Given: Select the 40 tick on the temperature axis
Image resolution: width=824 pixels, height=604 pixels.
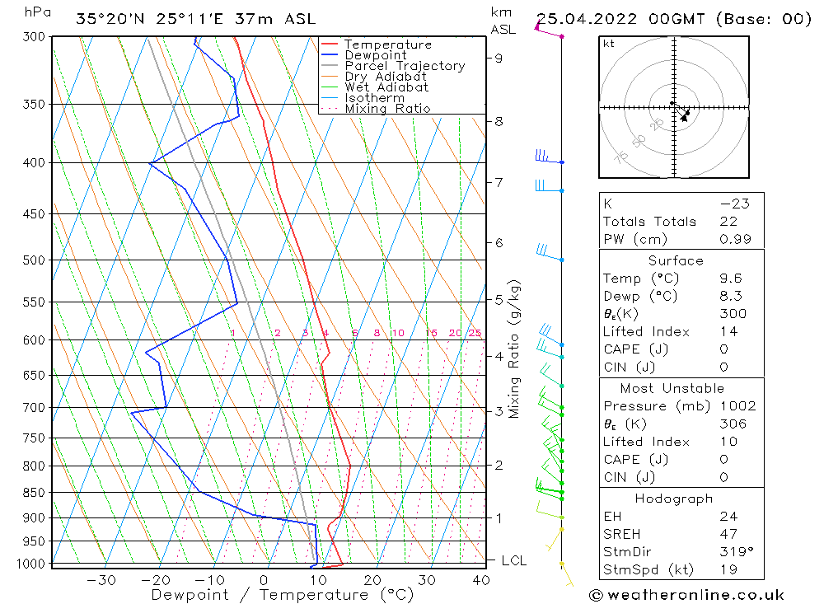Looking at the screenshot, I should pyautogui.click(x=480, y=580).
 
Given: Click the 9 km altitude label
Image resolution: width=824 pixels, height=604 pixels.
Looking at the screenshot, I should pyautogui.click(x=499, y=58).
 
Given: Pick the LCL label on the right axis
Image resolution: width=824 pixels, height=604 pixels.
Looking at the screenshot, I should pyautogui.click(x=513, y=561).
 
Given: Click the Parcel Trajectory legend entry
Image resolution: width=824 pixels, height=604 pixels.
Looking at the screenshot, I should pyautogui.click(x=405, y=66).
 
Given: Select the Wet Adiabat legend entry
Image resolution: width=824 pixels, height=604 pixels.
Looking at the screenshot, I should pyautogui.click(x=386, y=87).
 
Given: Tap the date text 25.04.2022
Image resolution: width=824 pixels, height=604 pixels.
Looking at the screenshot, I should pyautogui.click(x=581, y=19).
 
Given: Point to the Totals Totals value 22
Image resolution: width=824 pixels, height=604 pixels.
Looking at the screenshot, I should pyautogui.click(x=726, y=222).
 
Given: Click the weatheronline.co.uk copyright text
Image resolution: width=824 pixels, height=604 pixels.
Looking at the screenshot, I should pyautogui.click(x=686, y=594).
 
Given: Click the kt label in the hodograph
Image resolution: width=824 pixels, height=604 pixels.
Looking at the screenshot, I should pyautogui.click(x=609, y=44).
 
